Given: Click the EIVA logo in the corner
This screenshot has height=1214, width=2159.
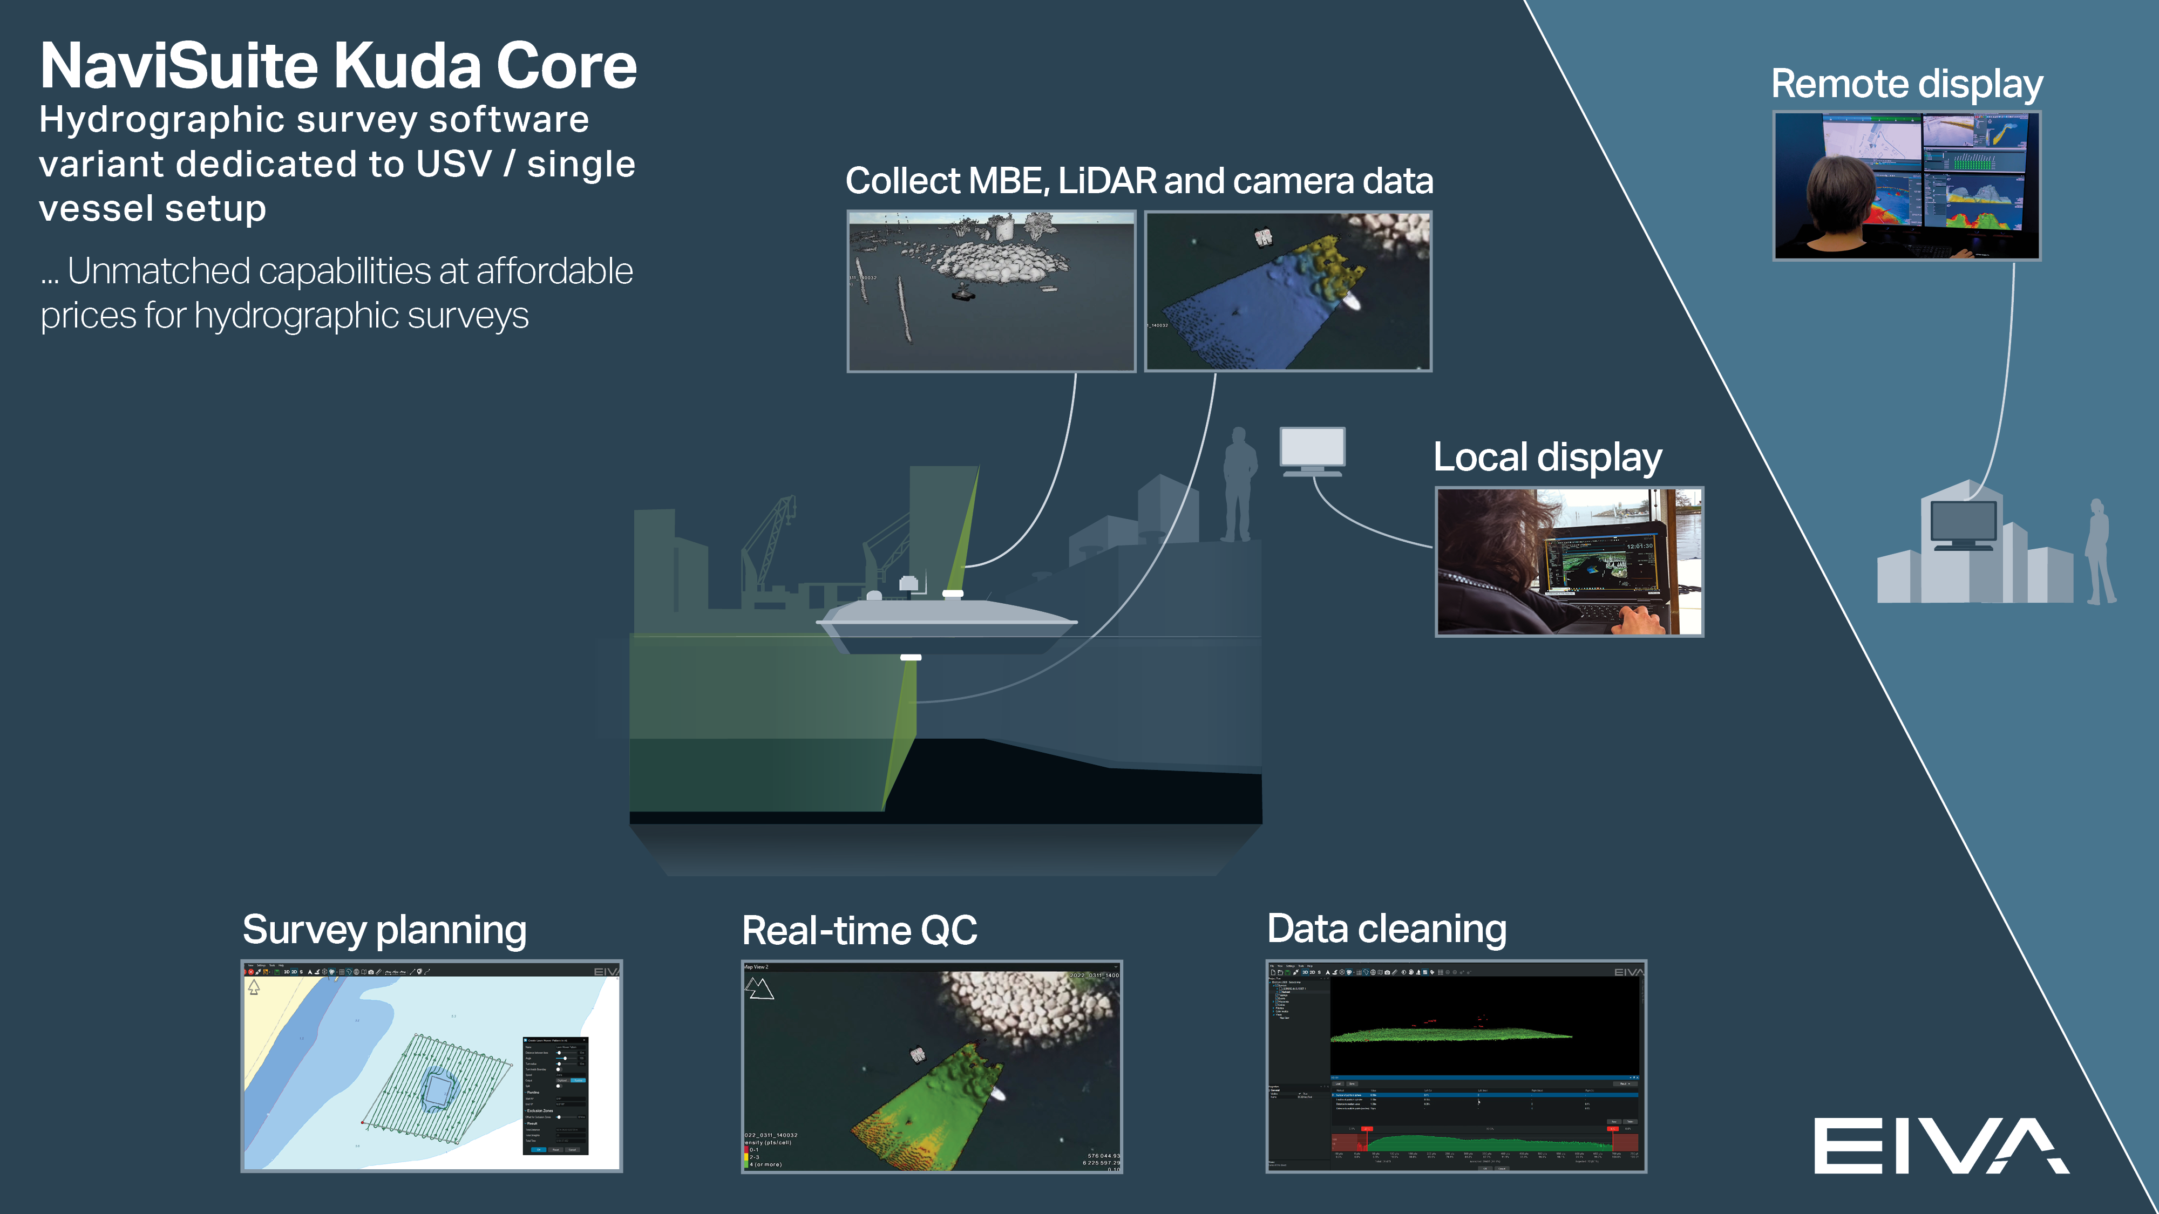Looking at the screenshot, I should pyautogui.click(x=1940, y=1145).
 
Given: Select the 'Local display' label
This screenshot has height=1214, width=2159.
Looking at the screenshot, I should pyautogui.click(x=1547, y=458).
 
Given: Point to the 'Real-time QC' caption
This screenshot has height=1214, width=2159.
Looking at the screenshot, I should pyautogui.click(x=859, y=931).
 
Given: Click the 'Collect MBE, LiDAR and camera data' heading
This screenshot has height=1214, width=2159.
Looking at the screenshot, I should pyautogui.click(x=1139, y=181).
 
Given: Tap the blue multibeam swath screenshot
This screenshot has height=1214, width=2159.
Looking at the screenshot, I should pyautogui.click(x=1288, y=291).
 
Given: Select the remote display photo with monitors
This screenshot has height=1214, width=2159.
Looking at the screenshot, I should pyautogui.click(x=1907, y=185).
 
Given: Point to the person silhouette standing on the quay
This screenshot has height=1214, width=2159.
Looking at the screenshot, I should pyautogui.click(x=1239, y=485).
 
